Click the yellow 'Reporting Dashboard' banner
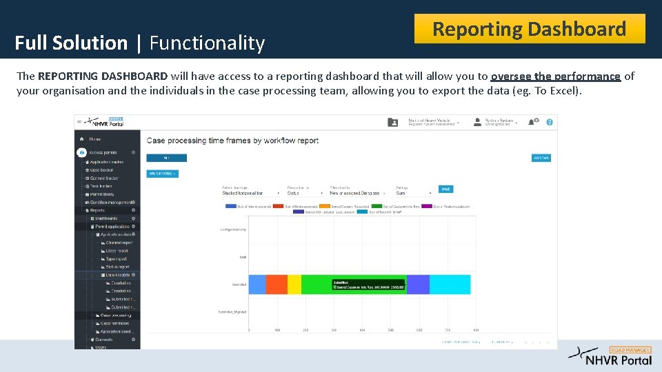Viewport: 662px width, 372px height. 529,29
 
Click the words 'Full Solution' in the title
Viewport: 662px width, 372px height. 71,43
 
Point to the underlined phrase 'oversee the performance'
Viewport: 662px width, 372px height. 556,76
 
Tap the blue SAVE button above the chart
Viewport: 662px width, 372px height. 446,189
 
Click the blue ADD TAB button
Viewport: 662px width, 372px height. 541,158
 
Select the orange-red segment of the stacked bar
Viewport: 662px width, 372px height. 277,285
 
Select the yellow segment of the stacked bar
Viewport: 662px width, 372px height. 294,285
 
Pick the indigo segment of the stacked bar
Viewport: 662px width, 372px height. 418,285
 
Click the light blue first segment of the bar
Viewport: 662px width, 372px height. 257,285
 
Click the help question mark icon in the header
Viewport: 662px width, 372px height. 550,122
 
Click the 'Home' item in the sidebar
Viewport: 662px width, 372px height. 95,138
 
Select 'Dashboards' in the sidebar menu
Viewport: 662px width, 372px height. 106,218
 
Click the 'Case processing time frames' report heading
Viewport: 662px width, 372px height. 232,141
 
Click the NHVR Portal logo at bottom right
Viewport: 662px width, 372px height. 610,355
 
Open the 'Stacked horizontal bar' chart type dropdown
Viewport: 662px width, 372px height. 250,194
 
